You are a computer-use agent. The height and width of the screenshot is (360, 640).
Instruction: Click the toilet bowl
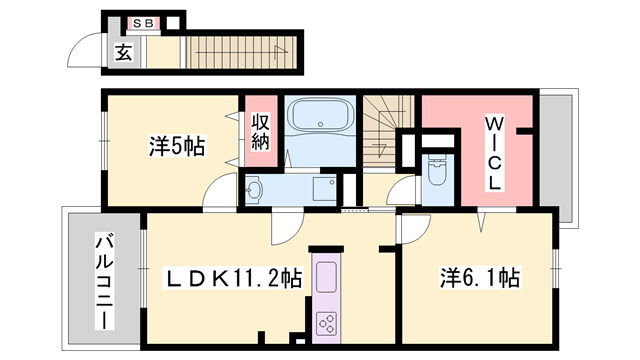pyautogui.click(x=436, y=172)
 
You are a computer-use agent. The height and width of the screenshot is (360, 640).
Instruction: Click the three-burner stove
pyautogui.click(x=327, y=321)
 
